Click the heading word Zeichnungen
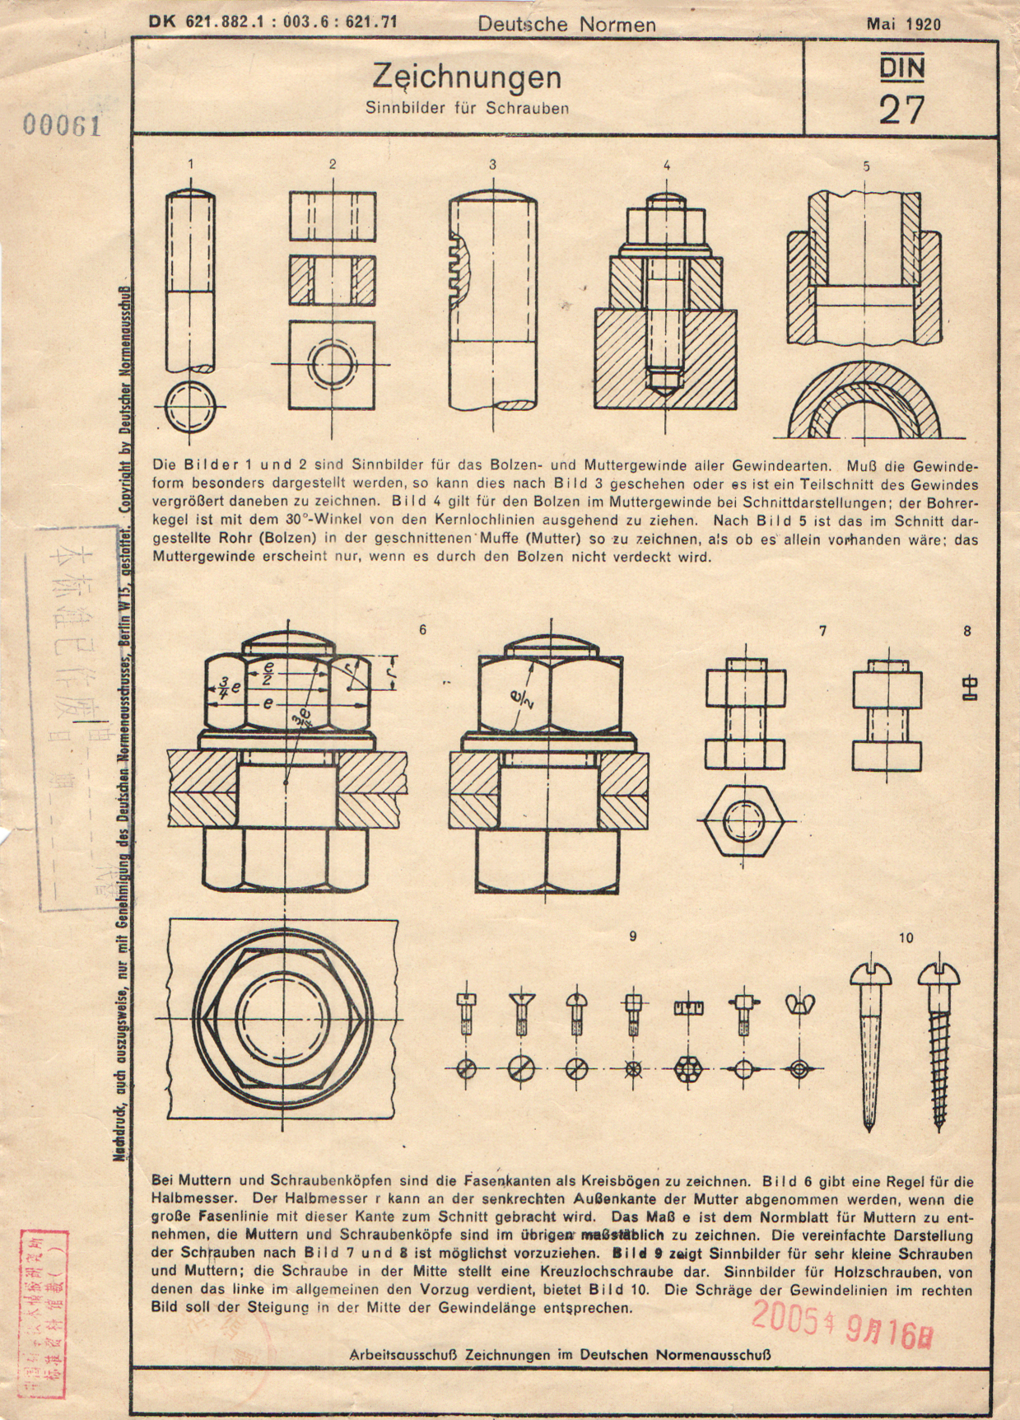click(467, 78)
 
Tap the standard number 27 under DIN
click(901, 110)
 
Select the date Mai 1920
click(903, 24)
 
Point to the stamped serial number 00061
click(62, 125)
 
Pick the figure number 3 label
click(492, 164)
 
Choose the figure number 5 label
click(866, 166)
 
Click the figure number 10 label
click(906, 937)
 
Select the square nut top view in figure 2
click(333, 362)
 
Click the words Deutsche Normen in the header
click(566, 25)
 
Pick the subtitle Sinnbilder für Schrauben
click(467, 108)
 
